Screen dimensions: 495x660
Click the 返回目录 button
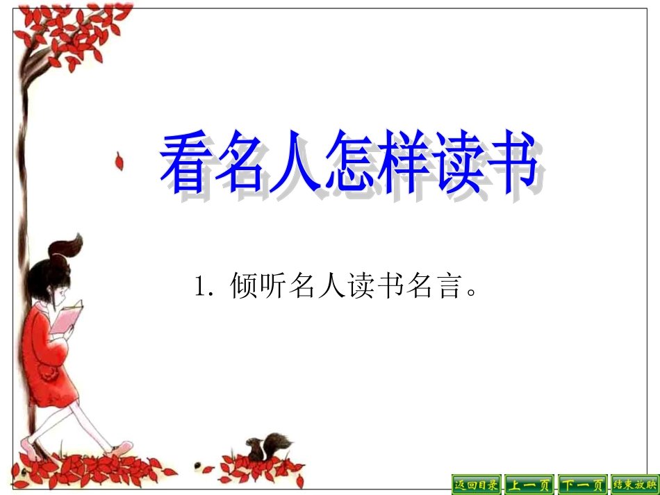pos(476,484)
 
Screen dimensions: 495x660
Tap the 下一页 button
pos(582,484)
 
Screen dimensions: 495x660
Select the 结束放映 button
pos(634,484)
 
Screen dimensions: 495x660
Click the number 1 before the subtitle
pos(201,286)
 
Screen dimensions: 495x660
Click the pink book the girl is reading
pos(69,316)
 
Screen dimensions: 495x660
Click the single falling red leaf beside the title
pos(119,162)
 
